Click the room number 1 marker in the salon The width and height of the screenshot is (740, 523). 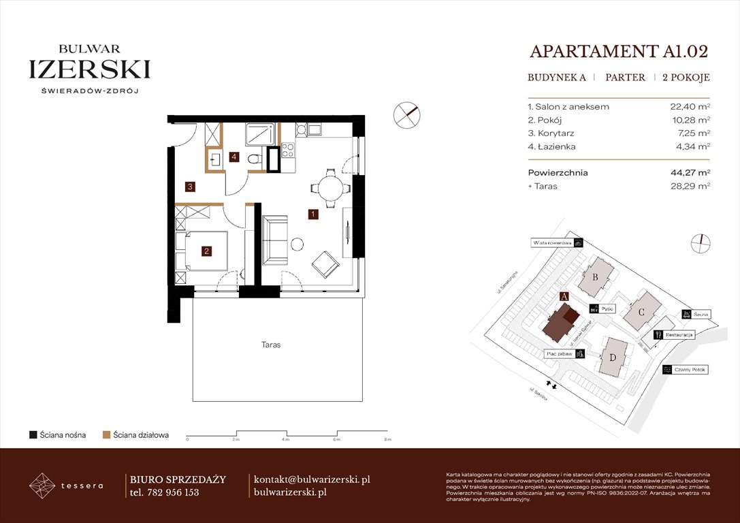pyautogui.click(x=312, y=215)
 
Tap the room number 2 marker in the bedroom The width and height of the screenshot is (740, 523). pyautogui.click(x=206, y=251)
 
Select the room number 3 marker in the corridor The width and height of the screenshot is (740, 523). pyautogui.click(x=191, y=186)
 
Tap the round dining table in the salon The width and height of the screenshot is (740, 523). pyautogui.click(x=323, y=187)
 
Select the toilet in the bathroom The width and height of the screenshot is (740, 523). pyautogui.click(x=254, y=159)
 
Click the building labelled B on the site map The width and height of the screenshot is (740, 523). pyautogui.click(x=596, y=276)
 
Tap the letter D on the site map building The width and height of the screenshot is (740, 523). pyautogui.click(x=613, y=358)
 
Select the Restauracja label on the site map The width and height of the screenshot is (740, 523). pyautogui.click(x=679, y=335)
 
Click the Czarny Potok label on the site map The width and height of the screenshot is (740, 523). pyautogui.click(x=690, y=370)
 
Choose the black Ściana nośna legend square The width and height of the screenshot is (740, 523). pyautogui.click(x=33, y=434)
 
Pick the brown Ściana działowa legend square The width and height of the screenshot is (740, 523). pyautogui.click(x=106, y=434)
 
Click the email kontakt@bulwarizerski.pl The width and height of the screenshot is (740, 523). pyautogui.click(x=311, y=479)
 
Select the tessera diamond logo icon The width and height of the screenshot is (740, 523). pyautogui.click(x=42, y=485)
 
